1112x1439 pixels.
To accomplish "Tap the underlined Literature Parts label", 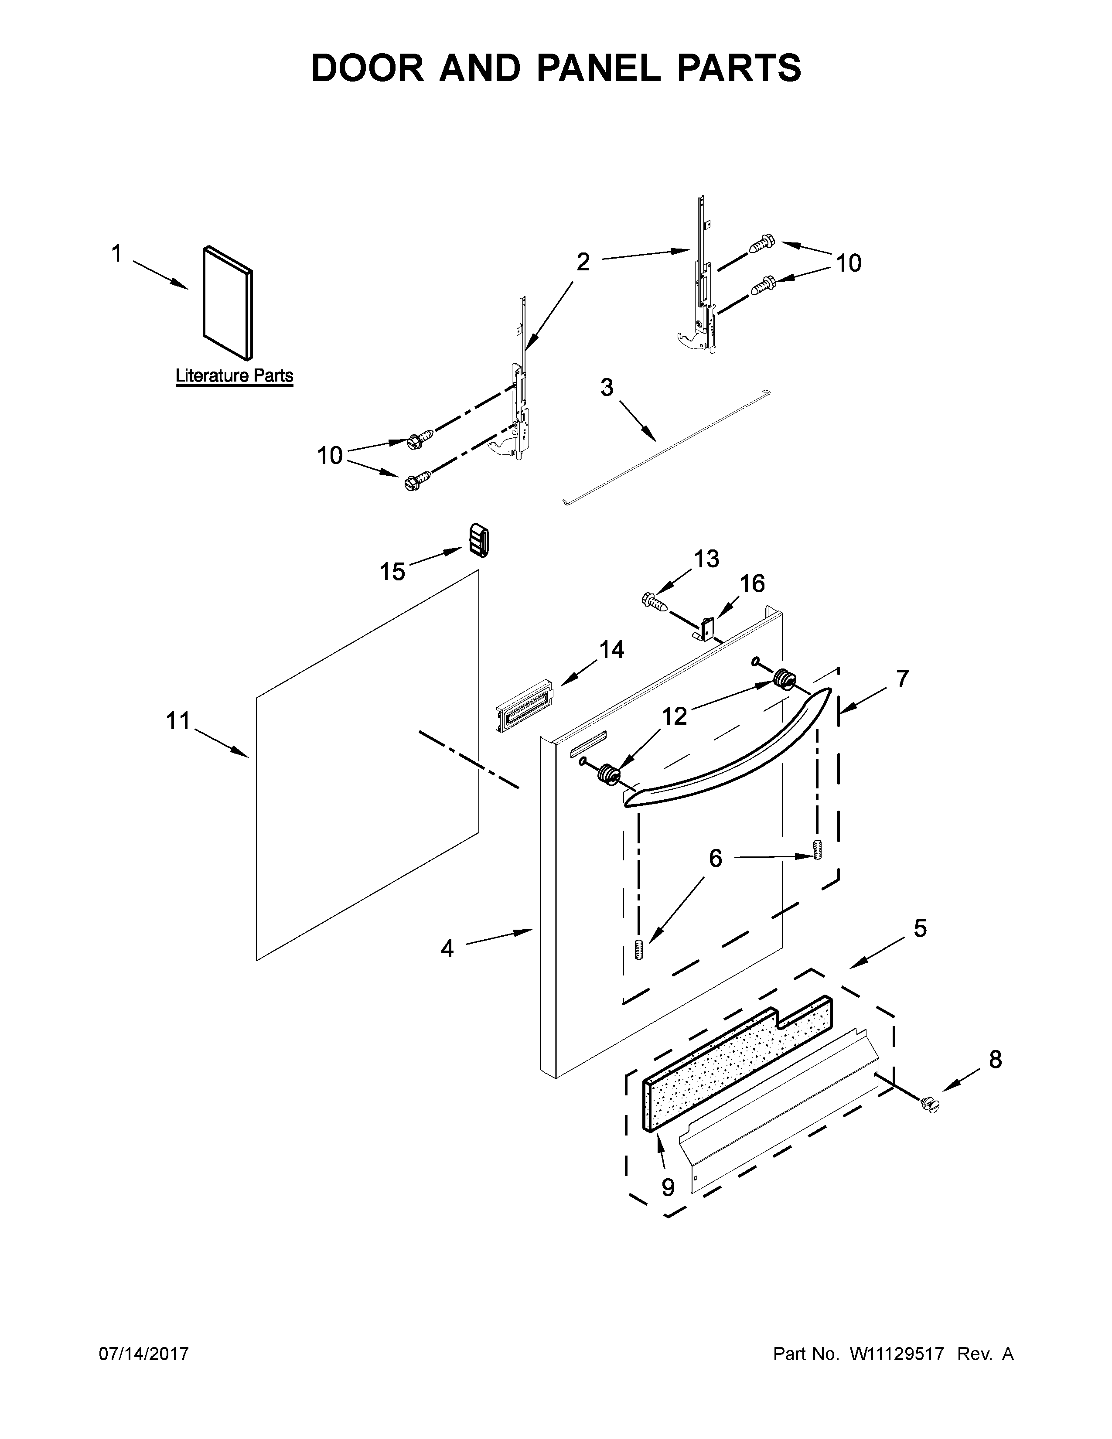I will coord(234,375).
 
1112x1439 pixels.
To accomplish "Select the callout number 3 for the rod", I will coord(607,387).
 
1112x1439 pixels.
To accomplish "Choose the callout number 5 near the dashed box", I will coord(920,928).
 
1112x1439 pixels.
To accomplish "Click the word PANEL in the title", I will coord(597,68).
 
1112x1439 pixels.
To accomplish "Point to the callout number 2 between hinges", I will coord(583,262).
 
